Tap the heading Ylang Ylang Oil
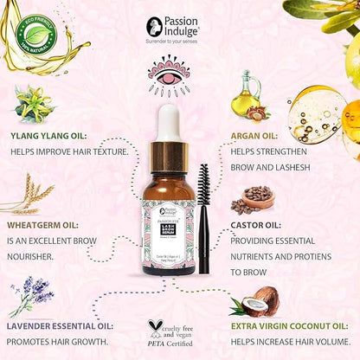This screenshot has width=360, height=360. click(x=47, y=136)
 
